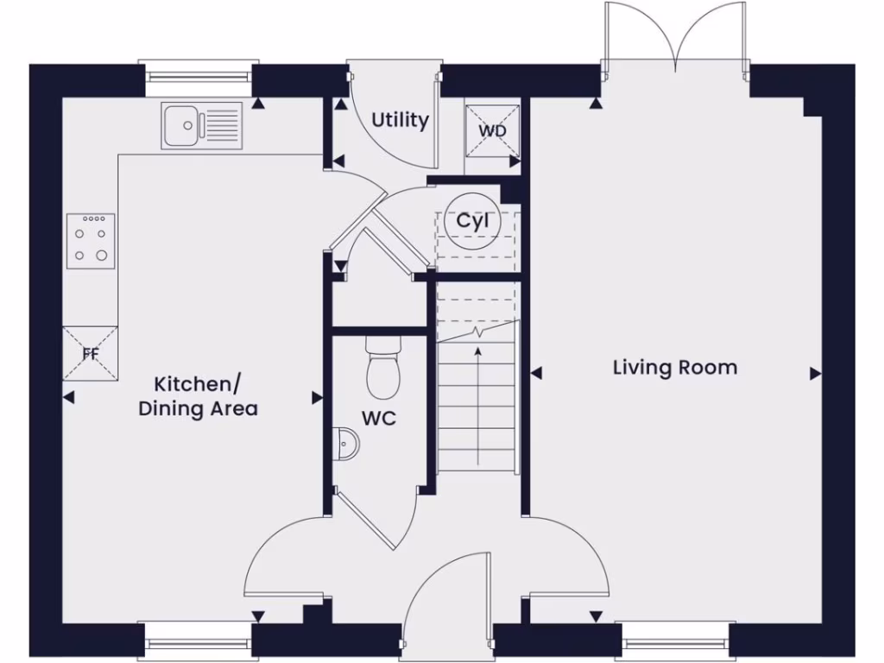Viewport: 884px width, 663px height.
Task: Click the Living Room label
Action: point(675,368)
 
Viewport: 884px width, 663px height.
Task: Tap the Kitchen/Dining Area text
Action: point(198,395)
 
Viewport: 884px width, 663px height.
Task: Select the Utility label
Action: point(400,120)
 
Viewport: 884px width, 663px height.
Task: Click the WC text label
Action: point(379,419)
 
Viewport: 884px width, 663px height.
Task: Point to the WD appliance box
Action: point(493,131)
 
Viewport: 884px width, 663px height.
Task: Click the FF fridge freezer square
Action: point(90,353)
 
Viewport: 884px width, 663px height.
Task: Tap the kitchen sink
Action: point(201,125)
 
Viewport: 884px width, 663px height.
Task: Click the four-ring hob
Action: point(91,238)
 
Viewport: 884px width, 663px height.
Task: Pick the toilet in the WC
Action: point(380,365)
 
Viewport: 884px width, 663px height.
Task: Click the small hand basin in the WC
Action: point(347,443)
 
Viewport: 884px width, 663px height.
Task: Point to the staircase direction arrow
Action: point(477,388)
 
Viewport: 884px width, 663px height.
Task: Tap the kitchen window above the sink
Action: point(199,78)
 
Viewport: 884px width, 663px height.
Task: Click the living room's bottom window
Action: point(676,643)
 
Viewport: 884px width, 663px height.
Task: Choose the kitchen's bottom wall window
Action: point(199,643)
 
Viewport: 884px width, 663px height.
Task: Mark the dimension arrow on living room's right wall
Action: point(814,374)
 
